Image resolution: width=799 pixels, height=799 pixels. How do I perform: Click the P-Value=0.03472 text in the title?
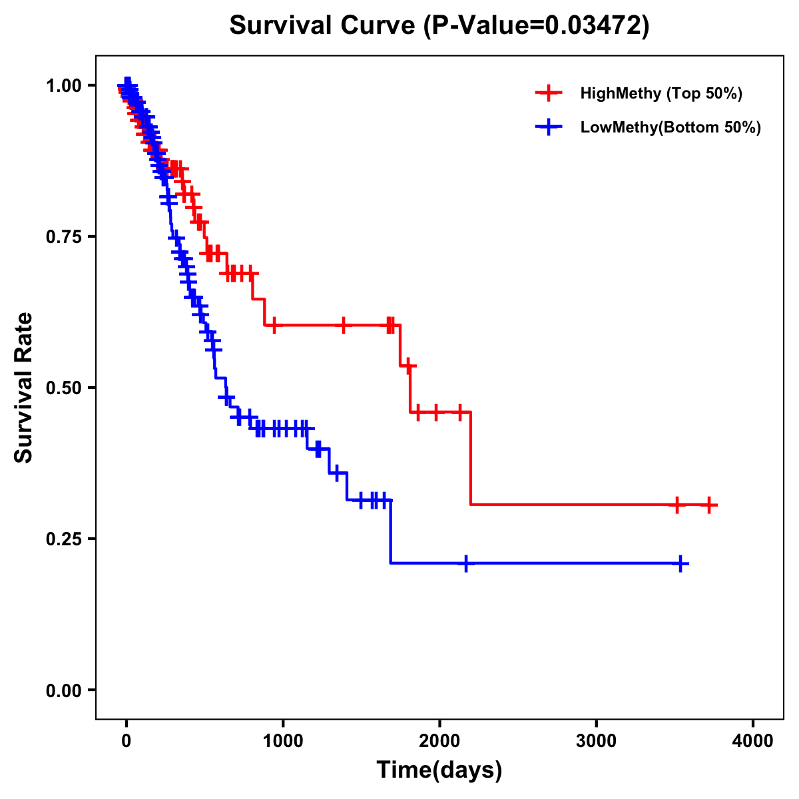[x=537, y=25]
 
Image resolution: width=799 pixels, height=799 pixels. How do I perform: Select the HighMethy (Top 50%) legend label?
[x=661, y=93]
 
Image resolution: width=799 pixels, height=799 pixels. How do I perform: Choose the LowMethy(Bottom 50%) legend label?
[x=670, y=127]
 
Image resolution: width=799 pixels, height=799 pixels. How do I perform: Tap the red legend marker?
[x=549, y=93]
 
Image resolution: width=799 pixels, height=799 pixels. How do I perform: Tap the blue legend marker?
[x=549, y=127]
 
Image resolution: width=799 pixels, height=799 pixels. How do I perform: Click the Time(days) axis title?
[x=439, y=770]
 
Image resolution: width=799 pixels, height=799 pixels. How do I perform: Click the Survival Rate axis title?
[x=24, y=388]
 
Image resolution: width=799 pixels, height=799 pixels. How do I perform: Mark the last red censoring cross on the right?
[x=710, y=505]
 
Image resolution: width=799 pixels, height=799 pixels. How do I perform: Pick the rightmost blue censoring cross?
[x=680, y=564]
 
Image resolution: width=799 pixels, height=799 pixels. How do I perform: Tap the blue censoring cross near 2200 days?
[x=466, y=564]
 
